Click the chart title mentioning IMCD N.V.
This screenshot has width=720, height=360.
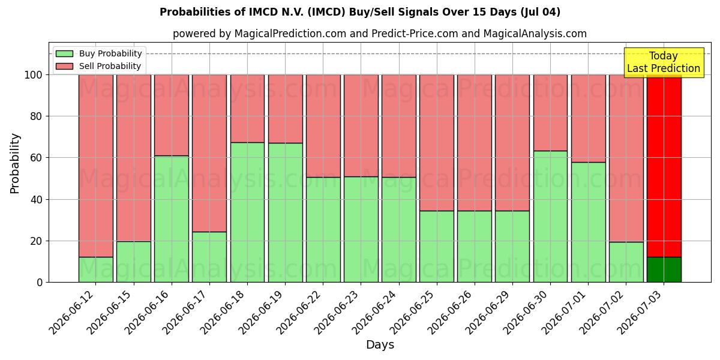(x=360, y=12)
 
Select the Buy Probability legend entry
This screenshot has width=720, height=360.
(x=98, y=53)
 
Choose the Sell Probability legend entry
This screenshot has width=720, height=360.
(x=98, y=66)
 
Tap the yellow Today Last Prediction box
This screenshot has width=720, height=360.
(x=664, y=62)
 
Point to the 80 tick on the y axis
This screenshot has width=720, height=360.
(x=36, y=116)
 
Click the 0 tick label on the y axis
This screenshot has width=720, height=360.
(x=40, y=283)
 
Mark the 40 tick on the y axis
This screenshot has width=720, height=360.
(x=36, y=200)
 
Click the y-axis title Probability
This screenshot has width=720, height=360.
(x=15, y=164)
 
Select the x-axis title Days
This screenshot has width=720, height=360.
(x=380, y=344)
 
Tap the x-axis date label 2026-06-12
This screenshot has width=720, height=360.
(x=73, y=312)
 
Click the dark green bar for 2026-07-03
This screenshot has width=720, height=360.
(x=664, y=269)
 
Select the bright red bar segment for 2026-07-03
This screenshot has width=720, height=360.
(x=664, y=166)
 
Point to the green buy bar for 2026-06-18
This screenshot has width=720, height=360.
(x=247, y=212)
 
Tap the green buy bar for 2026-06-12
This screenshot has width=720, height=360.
(x=96, y=269)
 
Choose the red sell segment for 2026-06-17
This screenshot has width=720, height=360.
(x=209, y=154)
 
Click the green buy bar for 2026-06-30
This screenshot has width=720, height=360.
(x=550, y=217)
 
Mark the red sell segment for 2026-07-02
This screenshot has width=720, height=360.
(x=626, y=158)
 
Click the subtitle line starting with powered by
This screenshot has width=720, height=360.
(x=380, y=34)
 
